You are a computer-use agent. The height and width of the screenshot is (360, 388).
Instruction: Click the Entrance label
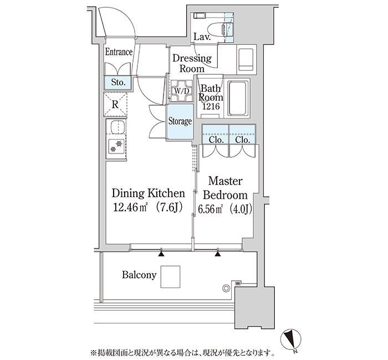(x=119, y=52)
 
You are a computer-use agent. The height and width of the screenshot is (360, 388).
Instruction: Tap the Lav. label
(x=202, y=37)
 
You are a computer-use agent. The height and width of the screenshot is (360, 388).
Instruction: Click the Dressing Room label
(x=192, y=63)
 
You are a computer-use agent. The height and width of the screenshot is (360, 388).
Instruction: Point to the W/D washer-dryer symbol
(x=182, y=91)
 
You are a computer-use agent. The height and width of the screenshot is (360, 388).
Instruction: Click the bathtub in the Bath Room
(x=238, y=99)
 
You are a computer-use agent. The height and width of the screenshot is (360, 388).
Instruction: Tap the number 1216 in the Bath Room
(x=211, y=106)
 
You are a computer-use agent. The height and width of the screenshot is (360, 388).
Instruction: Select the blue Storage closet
(x=180, y=122)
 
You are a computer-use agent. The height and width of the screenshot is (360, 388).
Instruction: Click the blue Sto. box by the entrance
(x=118, y=83)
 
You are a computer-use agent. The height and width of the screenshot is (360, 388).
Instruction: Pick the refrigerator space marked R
(x=115, y=105)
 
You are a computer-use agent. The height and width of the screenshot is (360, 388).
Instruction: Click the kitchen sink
(x=117, y=127)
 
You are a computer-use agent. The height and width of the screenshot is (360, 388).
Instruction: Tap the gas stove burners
(x=116, y=146)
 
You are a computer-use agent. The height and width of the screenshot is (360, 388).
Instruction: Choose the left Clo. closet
(x=216, y=134)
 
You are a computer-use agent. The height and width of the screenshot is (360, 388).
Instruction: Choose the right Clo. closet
(x=242, y=134)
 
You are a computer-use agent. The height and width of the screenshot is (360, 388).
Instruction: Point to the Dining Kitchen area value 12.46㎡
(x=130, y=208)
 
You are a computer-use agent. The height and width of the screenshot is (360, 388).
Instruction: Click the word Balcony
(x=139, y=275)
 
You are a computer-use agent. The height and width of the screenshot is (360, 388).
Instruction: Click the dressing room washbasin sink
(x=246, y=59)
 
